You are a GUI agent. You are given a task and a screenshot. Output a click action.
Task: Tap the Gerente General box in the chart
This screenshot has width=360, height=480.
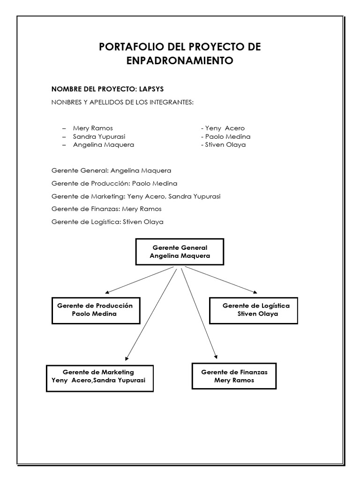[180, 252]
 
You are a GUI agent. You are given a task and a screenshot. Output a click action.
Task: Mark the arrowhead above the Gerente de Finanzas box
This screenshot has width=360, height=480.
[216, 356]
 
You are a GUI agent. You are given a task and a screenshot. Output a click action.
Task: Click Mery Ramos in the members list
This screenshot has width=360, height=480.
[93, 128]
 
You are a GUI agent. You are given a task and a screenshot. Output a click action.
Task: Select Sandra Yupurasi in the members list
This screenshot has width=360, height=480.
[99, 136]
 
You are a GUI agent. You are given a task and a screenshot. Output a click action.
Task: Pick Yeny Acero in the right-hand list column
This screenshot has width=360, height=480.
[225, 128]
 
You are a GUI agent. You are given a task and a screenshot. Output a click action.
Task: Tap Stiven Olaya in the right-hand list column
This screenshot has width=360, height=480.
[225, 145]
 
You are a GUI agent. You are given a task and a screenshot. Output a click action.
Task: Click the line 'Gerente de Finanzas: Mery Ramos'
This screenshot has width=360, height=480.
[106, 209]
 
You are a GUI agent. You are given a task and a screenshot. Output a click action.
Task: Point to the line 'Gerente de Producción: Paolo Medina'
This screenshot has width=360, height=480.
[114, 183]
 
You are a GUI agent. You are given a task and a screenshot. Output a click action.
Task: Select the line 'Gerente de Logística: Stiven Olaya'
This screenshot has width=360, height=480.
[107, 222]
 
